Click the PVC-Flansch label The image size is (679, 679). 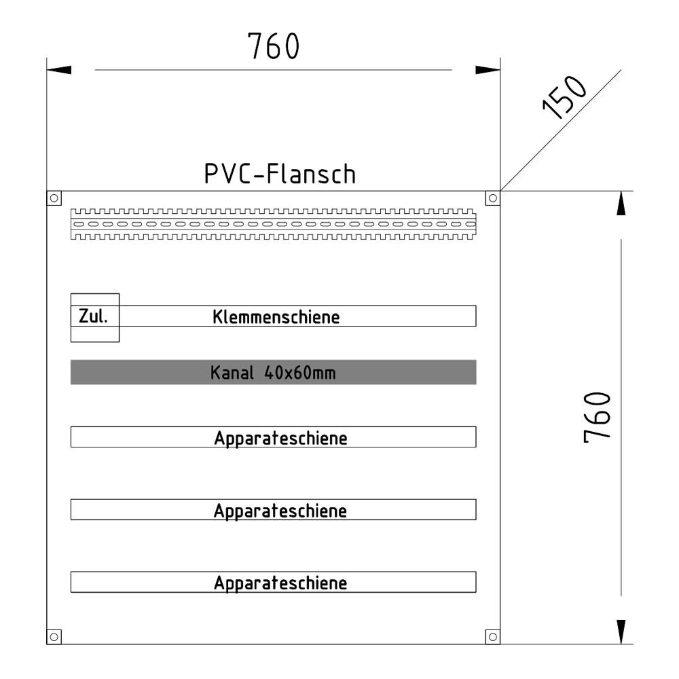(x=280, y=175)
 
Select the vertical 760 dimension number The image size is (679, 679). (x=600, y=418)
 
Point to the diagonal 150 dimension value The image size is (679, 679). (x=565, y=97)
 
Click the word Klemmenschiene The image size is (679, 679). (x=276, y=317)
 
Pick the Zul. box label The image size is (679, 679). (x=94, y=316)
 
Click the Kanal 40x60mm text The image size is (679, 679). (x=273, y=373)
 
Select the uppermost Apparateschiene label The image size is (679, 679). (x=280, y=438)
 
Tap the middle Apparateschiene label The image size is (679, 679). (x=280, y=511)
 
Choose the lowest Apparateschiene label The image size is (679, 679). (x=280, y=583)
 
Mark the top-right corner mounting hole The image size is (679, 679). (x=493, y=198)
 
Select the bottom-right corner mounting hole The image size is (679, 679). (x=493, y=636)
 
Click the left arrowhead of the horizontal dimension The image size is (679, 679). (x=59, y=70)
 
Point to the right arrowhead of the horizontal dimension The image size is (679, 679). (x=488, y=70)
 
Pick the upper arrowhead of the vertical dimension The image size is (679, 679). (x=621, y=204)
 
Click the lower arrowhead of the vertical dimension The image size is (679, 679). (x=621, y=631)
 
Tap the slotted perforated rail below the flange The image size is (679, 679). (x=273, y=223)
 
